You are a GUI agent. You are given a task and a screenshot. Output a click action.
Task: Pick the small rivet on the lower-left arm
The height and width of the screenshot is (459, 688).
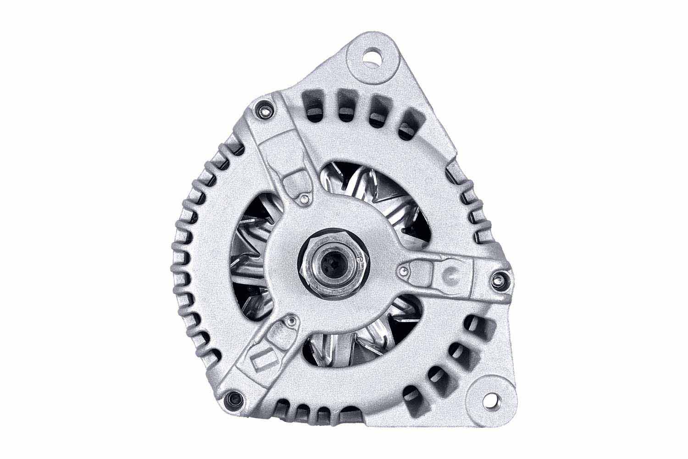[x=291, y=321]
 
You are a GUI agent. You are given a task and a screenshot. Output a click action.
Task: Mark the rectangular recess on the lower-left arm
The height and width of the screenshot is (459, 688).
[x=261, y=360]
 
